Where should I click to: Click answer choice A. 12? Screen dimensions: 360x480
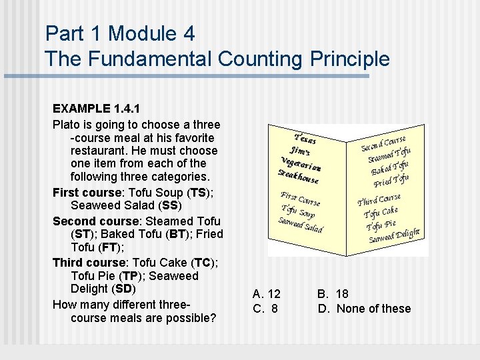(x=267, y=294)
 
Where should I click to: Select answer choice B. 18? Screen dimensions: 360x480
(x=333, y=294)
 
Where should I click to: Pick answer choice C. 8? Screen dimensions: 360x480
(x=265, y=309)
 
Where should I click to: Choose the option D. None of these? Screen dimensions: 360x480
(x=364, y=309)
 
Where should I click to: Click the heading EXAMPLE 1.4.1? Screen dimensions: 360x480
(x=96, y=108)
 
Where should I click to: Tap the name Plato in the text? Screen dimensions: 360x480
(x=66, y=125)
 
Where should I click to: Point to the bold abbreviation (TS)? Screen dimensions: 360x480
(x=197, y=193)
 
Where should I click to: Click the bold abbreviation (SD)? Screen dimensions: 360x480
(x=124, y=289)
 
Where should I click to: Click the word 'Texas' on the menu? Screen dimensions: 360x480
(x=305, y=136)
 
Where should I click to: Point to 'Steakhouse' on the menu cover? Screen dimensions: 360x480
(x=299, y=175)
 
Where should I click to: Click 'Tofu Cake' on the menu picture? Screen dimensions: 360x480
(x=381, y=212)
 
